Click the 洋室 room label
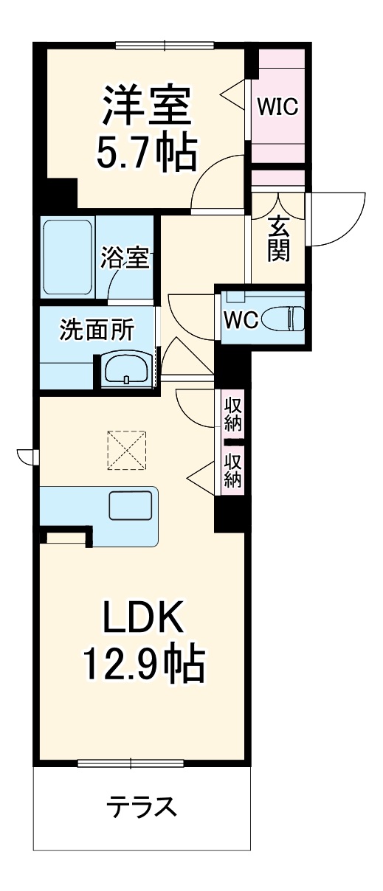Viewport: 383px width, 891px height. coord(148,107)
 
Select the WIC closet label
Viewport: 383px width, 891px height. coord(277,107)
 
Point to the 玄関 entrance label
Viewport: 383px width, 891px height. coord(278,240)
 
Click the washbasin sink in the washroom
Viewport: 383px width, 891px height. coord(127,368)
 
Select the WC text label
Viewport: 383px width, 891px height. coord(240,320)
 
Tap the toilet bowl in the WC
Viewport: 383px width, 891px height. coord(283,319)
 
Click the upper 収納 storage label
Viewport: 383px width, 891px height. coord(233,415)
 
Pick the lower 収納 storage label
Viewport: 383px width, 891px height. coord(233,470)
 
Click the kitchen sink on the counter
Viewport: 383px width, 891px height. coord(131,506)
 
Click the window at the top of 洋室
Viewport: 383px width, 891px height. coord(165,45)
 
